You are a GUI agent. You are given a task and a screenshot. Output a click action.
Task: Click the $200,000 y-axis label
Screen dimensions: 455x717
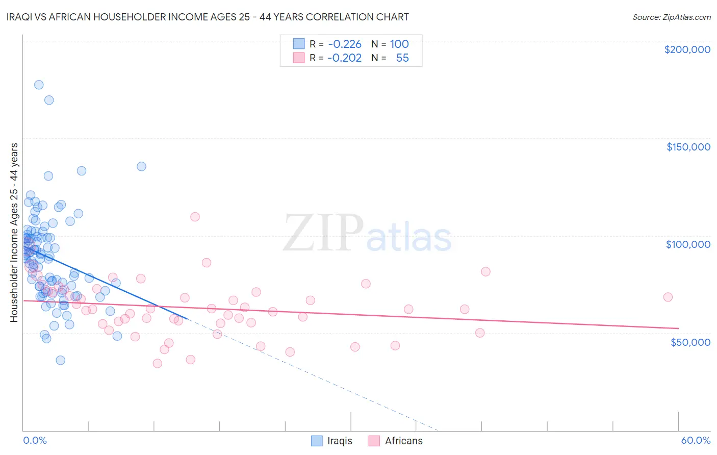coord(687,49)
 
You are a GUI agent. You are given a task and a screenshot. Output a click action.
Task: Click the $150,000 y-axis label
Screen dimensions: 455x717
coord(688,147)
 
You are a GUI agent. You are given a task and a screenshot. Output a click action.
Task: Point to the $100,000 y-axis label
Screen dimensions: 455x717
coord(688,244)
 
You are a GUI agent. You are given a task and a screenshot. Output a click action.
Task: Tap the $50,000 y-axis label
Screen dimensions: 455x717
coord(690,342)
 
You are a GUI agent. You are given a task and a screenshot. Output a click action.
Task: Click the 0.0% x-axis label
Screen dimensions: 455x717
coord(35,440)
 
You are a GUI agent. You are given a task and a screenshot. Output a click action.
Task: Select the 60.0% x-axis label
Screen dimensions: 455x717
coord(696,440)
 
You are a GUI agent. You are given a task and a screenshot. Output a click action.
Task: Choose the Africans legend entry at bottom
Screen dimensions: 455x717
coord(396,441)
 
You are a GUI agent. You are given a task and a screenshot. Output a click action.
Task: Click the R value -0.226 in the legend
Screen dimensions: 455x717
coord(345,44)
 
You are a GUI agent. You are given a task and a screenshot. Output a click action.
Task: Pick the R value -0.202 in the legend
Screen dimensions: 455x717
coord(345,58)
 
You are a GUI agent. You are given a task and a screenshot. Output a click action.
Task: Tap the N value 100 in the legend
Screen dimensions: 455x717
coord(399,44)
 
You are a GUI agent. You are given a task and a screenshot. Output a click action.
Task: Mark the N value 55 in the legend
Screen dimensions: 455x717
coord(402,58)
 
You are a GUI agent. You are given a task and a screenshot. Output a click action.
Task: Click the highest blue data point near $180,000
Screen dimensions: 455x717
coord(39,85)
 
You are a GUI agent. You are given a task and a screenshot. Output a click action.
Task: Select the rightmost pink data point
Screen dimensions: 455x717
coord(668,297)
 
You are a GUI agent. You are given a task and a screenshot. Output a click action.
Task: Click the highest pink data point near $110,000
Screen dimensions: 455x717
coord(195,217)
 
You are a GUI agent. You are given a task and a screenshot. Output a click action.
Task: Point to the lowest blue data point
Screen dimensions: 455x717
coord(61,360)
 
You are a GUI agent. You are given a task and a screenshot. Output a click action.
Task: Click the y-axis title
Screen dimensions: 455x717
coord(14,232)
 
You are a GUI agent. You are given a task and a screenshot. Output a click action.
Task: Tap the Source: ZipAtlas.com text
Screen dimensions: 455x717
coord(671,17)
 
